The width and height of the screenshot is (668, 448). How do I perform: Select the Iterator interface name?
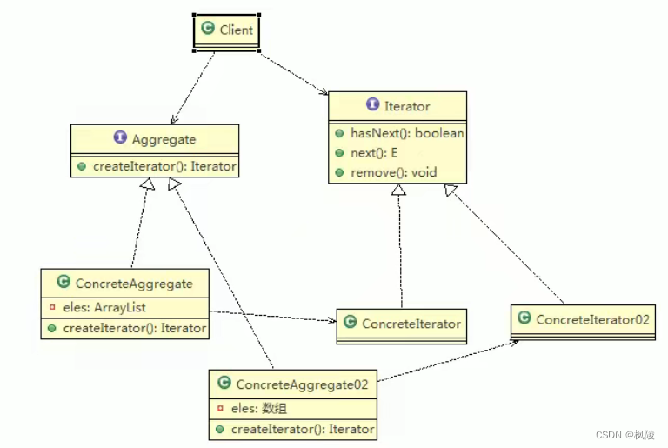coord(406,106)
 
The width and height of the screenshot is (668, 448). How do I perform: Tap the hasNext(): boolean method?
coord(406,134)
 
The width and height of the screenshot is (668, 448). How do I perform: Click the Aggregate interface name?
coord(164,139)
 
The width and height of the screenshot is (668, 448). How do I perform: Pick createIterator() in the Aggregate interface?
coord(164,166)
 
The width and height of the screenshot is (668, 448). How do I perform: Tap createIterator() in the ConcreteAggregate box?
coord(132,328)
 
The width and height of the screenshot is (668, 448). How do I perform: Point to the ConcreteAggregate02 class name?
coord(302,384)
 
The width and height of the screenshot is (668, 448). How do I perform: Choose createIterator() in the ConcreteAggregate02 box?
coord(301,429)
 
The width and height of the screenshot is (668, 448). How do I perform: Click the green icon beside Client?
coord(207,30)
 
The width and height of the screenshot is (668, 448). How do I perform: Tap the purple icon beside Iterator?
coord(372,105)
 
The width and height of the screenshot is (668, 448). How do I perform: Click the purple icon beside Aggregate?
coord(120,139)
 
